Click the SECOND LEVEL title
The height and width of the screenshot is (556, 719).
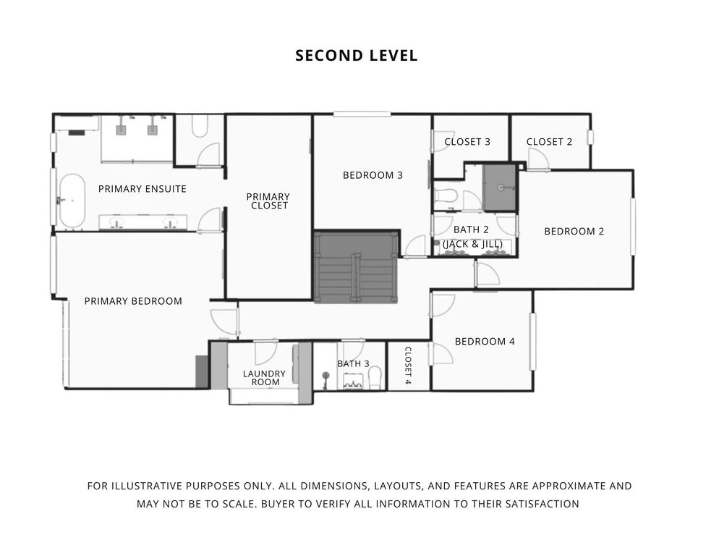coord(357,56)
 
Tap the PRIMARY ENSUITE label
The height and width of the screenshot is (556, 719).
coord(142,189)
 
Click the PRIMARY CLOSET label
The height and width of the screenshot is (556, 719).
coord(268,201)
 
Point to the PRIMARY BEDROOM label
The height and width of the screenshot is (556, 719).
coord(133,301)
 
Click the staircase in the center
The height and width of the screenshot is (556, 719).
coord(356,266)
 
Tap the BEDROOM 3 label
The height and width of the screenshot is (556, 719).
coord(373,175)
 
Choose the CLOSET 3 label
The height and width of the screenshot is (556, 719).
coord(467,142)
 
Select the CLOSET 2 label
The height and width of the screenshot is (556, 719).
coord(549,142)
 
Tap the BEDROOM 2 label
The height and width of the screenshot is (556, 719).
coord(574,232)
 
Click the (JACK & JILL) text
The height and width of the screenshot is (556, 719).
coord(472,245)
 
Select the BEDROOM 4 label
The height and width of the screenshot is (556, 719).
coord(485,342)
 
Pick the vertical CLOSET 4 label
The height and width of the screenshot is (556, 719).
coord(407,366)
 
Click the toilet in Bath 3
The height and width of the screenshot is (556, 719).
coord(375,377)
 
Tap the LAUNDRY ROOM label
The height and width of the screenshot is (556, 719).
coord(264,378)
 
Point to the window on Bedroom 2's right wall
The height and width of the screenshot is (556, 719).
coord(632,227)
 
